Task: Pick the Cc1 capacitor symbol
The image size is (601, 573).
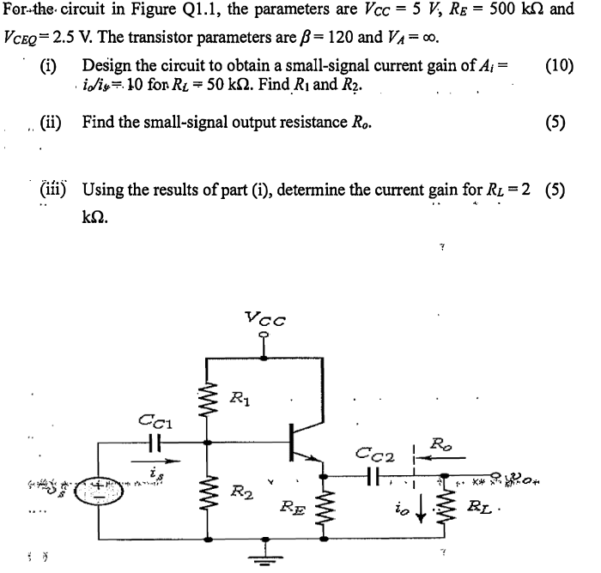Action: [x=156, y=443]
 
